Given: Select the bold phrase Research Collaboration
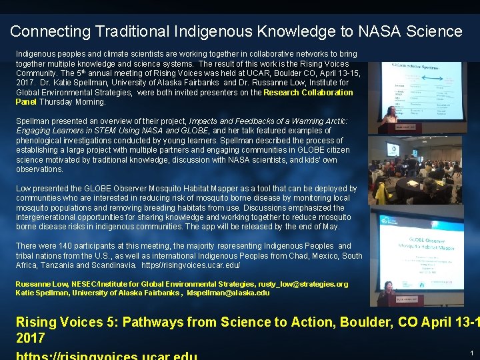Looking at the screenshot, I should coord(308,93).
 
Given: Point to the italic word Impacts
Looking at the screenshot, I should coord(207,121).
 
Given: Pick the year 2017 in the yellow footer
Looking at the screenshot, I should coord(31,338).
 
